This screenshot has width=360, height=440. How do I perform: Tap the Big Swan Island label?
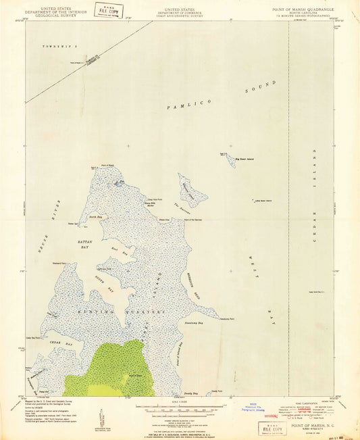tap(245, 160)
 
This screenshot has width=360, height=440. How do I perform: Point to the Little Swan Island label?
tap(262, 200)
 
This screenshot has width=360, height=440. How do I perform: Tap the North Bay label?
tap(95, 217)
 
